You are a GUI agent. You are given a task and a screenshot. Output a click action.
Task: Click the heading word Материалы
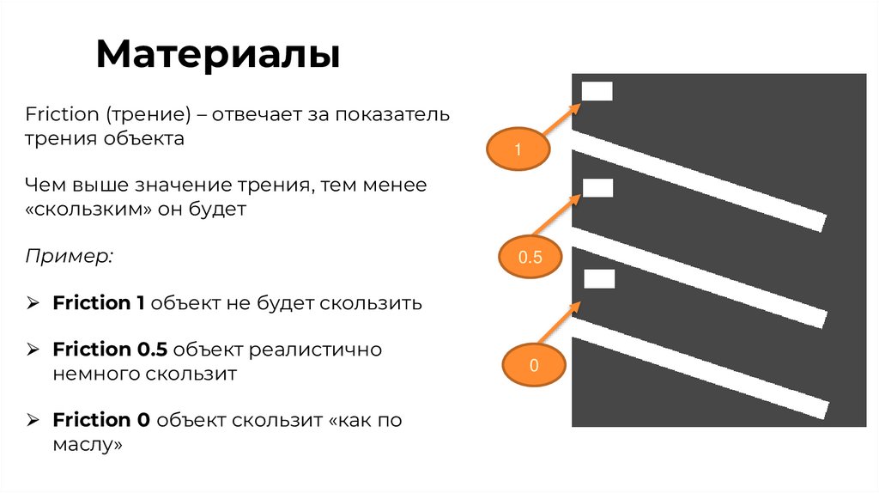coord(218,54)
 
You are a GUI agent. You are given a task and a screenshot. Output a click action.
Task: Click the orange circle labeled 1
coord(518,150)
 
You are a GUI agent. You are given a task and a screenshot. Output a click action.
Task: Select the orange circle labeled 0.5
coord(531,257)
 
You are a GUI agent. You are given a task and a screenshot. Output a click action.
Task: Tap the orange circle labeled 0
coord(533,365)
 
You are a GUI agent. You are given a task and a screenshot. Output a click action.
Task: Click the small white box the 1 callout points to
coord(597,91)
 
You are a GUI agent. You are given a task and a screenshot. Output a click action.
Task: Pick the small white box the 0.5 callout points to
coord(597,187)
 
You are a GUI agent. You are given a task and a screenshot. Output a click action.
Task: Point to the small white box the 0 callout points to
coord(599,278)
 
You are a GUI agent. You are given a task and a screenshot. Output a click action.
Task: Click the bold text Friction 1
coord(99,303)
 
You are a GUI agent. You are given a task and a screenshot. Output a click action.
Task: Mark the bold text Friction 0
coord(101,420)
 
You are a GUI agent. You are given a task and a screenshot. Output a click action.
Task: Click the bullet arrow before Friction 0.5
coord(33,350)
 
